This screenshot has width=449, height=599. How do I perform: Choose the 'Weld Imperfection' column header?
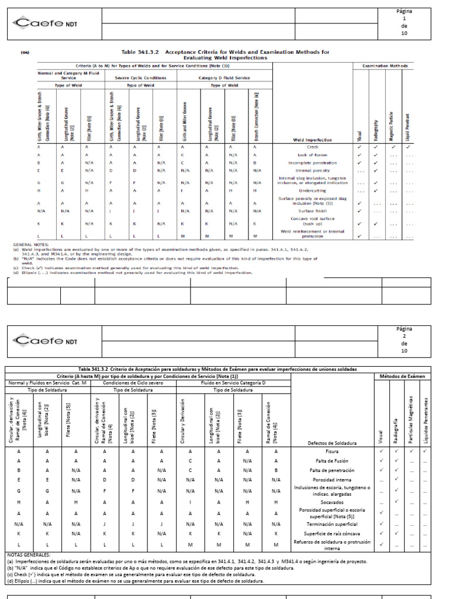(312, 140)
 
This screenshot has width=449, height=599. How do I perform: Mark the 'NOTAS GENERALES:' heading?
(29, 554)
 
